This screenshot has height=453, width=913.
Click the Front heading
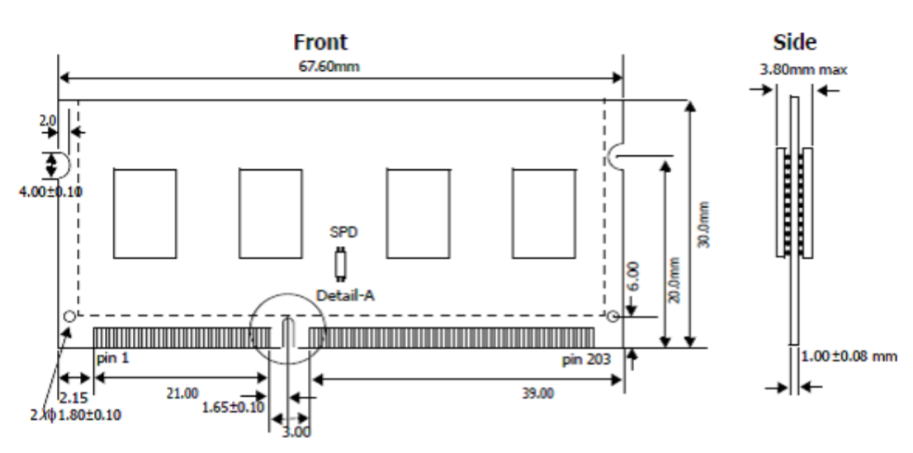(x=320, y=42)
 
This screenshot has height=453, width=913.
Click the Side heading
(x=794, y=42)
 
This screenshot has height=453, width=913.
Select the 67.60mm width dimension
(x=339, y=67)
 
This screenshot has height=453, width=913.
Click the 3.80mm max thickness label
(x=802, y=70)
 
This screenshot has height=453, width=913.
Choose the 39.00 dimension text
(x=537, y=394)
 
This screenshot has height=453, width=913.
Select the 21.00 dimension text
(x=182, y=393)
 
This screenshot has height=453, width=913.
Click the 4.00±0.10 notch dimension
(x=50, y=192)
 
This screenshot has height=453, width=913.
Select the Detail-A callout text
(x=343, y=295)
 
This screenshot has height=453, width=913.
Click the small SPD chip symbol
(x=338, y=264)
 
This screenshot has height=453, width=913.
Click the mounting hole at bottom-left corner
(x=69, y=316)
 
